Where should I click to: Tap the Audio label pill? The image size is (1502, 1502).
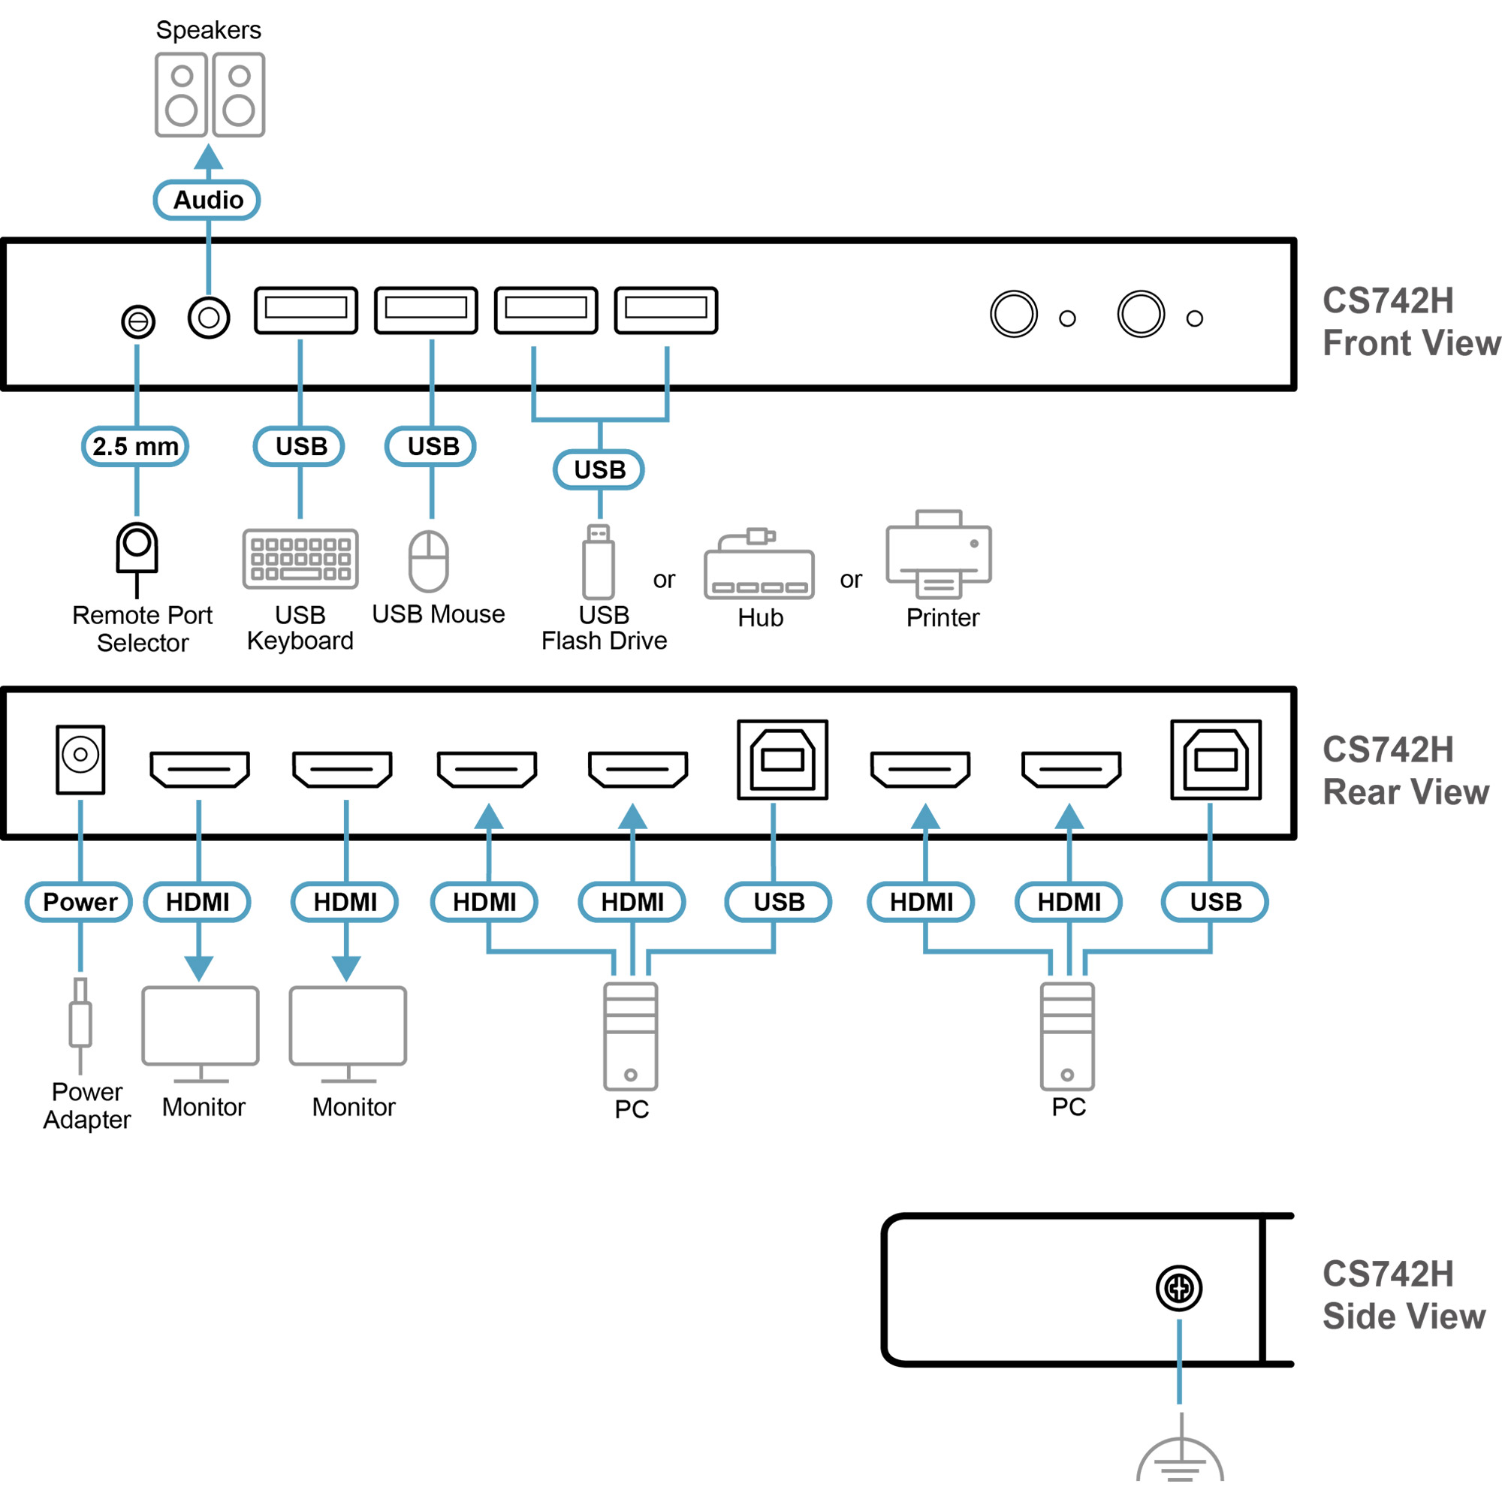coord(207,200)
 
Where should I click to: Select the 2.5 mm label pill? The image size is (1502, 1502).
coord(135,446)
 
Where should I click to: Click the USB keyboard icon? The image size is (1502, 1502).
coord(300,559)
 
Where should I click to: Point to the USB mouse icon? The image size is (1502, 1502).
coord(428,561)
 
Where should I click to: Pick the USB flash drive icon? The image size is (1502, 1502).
coord(599,561)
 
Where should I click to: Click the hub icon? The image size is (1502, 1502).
coord(759,566)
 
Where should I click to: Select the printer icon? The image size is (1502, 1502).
coord(938,554)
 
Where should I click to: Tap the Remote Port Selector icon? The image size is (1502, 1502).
coord(137,556)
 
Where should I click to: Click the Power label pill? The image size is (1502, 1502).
coord(80,902)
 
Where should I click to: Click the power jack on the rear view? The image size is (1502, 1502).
coord(80,759)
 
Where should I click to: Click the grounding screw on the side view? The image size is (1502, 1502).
coord(1178,1288)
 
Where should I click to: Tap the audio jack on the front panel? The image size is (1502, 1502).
coord(208,317)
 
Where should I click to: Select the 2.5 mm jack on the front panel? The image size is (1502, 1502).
coord(138,321)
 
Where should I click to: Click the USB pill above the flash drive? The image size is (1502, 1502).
coord(599,469)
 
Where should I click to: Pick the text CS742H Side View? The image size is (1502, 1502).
coord(1404,1295)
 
